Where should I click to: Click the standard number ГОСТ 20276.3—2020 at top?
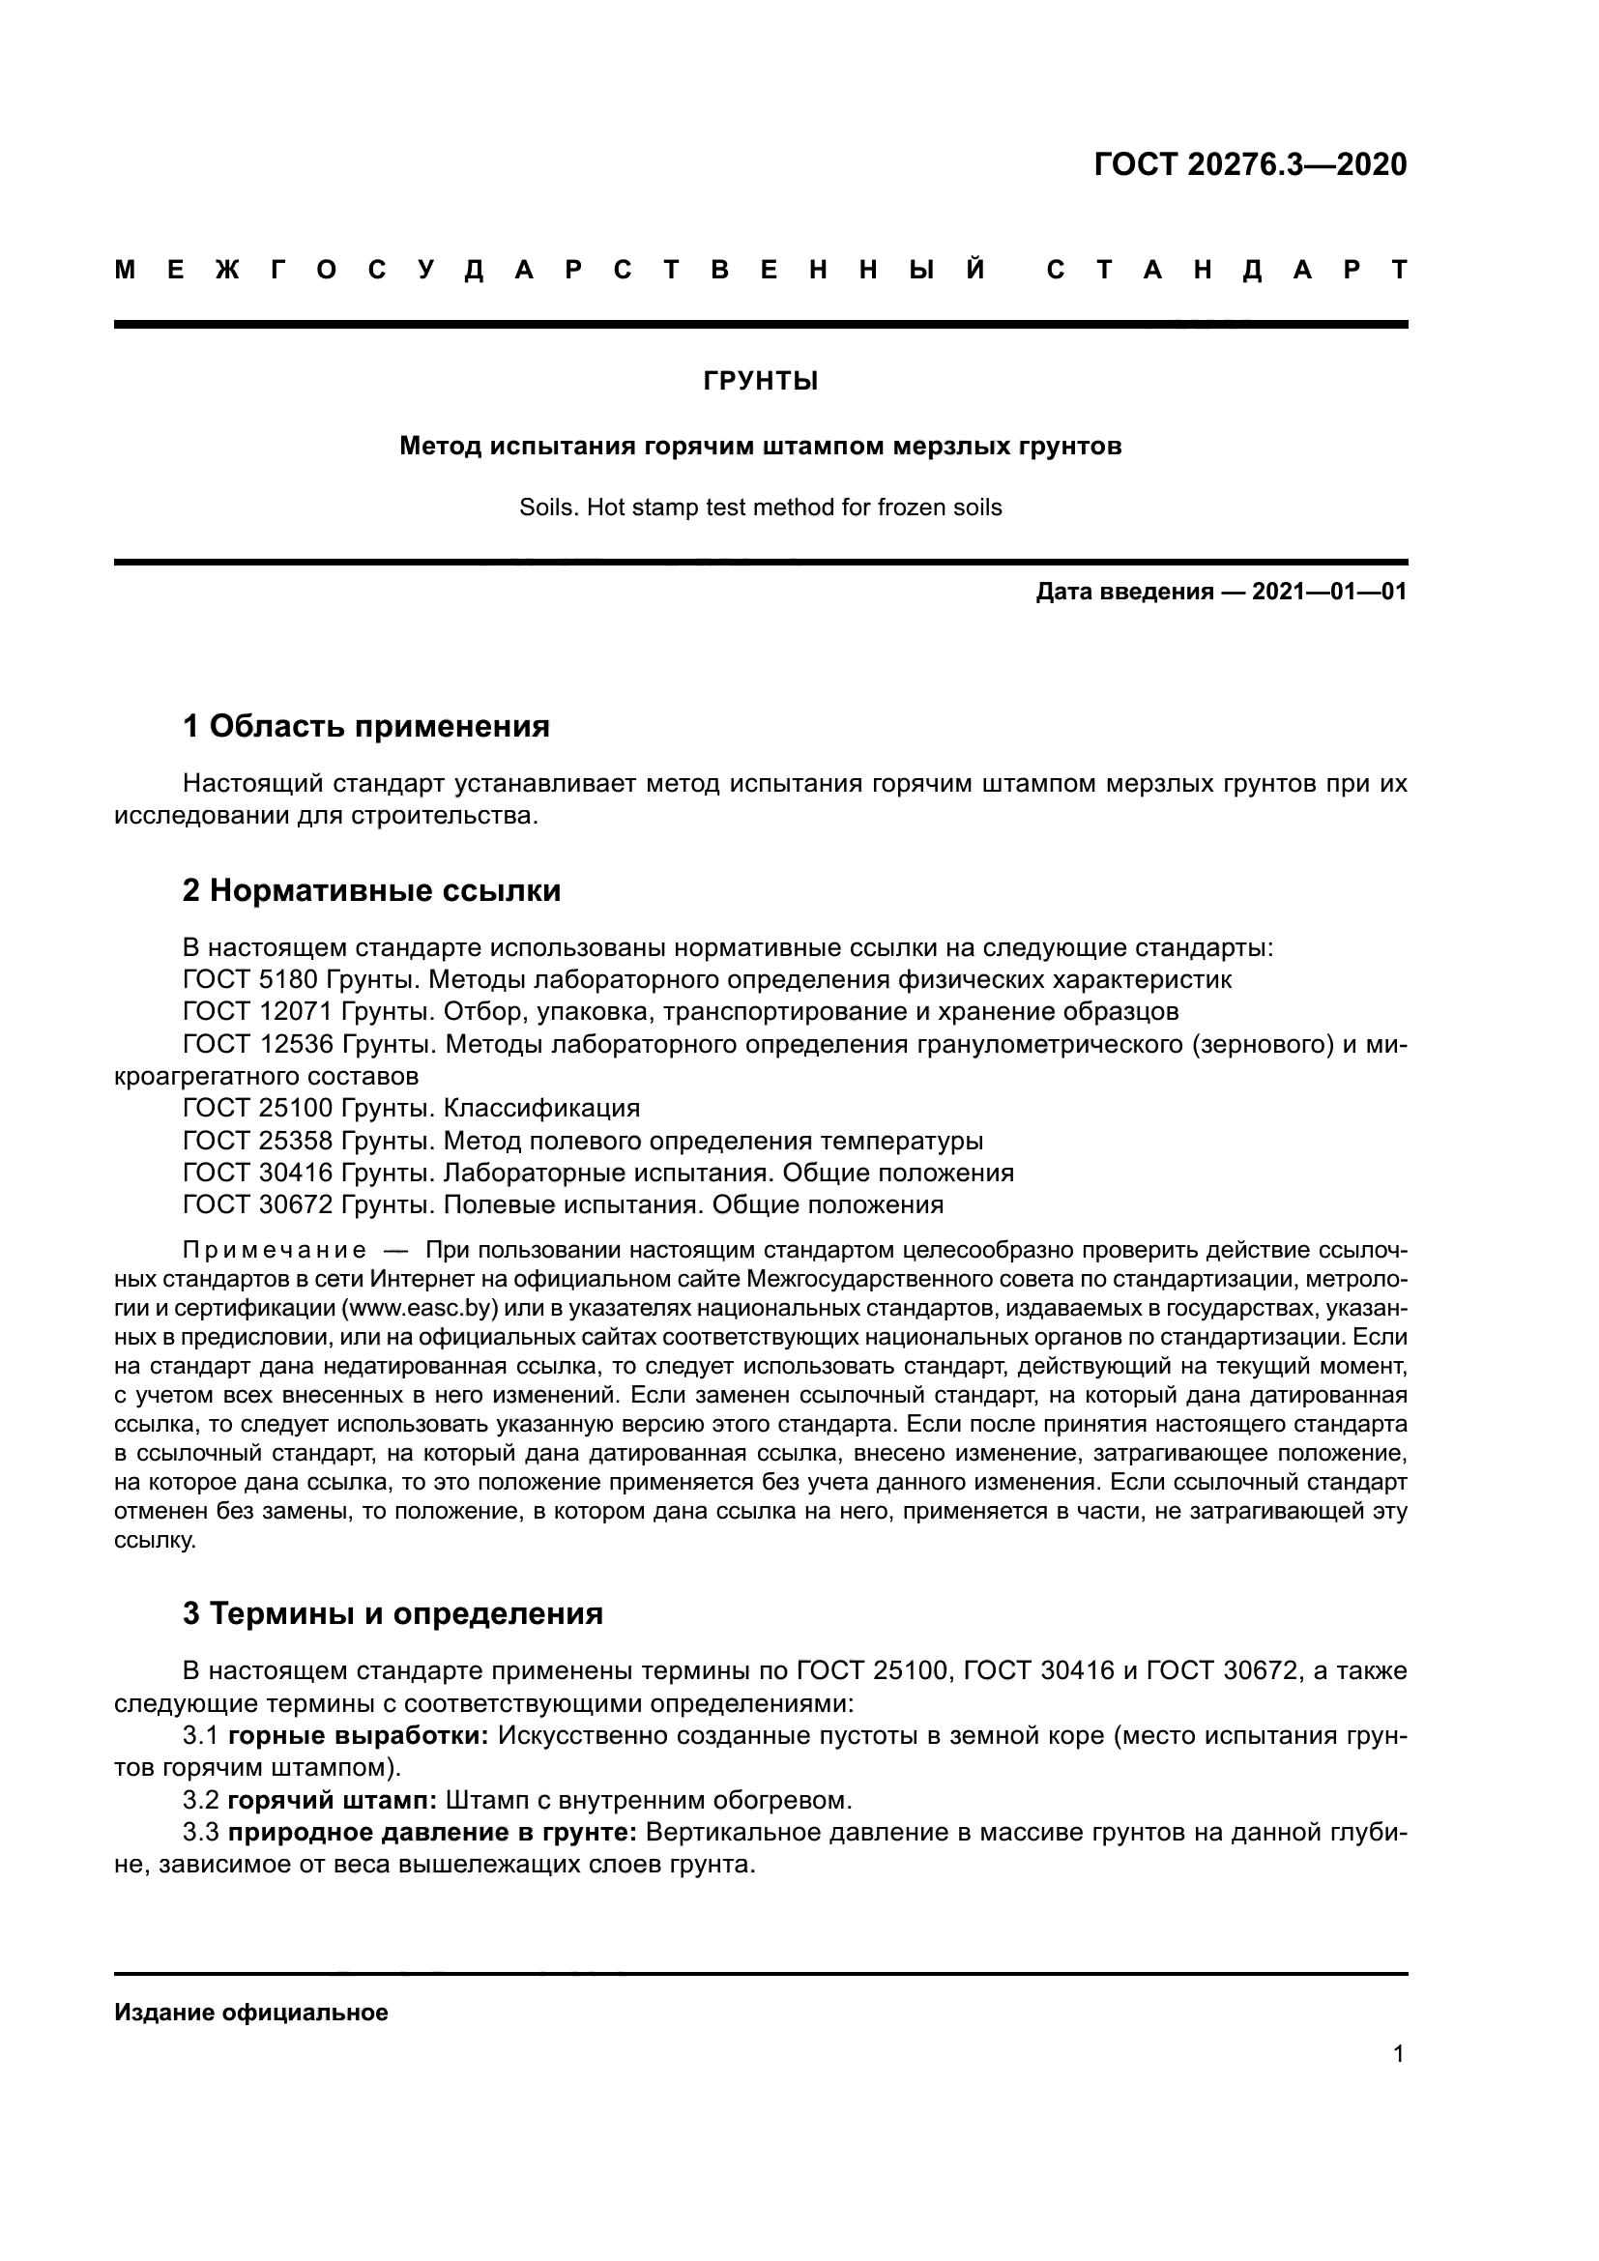click(1250, 164)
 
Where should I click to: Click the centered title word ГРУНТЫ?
click(760, 381)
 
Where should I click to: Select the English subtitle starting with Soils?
click(760, 508)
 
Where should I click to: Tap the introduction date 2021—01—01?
click(1329, 592)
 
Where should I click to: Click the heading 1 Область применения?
click(365, 727)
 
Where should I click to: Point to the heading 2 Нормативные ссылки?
click(371, 890)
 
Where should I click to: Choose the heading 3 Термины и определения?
click(392, 1614)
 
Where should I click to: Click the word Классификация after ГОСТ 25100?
click(541, 1109)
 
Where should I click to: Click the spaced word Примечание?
click(275, 1251)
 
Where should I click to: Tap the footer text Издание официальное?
click(251, 2013)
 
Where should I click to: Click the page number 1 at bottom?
click(1398, 2054)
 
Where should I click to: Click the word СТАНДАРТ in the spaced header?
click(1227, 270)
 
